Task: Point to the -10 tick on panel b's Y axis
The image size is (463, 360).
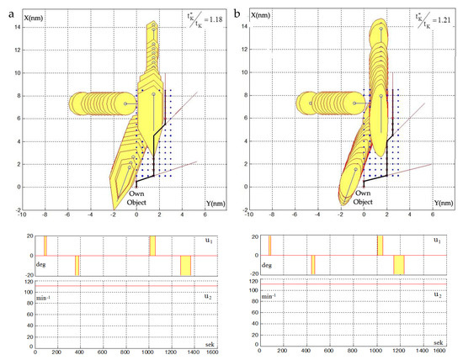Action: tap(271, 215)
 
